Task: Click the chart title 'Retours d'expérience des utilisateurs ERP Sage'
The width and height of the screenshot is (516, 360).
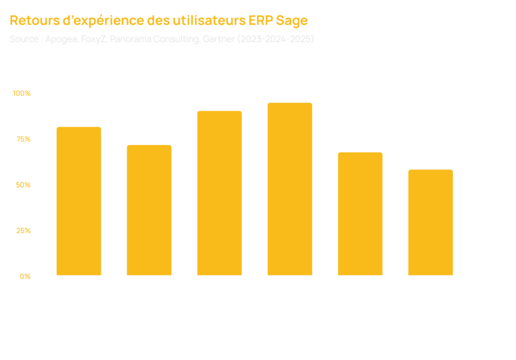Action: [x=159, y=21]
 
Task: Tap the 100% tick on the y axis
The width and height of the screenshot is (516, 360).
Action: [x=22, y=93]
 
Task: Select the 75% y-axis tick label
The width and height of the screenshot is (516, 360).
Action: [x=23, y=139]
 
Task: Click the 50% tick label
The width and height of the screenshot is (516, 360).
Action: [x=23, y=185]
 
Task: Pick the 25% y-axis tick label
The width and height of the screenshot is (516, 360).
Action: [x=23, y=231]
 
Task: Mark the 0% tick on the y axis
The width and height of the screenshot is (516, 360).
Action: [x=25, y=276]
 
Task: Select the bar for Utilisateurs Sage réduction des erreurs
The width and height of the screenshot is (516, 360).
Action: [x=79, y=201]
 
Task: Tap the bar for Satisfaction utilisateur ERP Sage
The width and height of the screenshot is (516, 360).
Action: [x=219, y=193]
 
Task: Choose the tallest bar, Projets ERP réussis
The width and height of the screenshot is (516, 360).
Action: [x=289, y=189]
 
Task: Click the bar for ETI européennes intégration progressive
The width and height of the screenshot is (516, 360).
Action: [x=360, y=214]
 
